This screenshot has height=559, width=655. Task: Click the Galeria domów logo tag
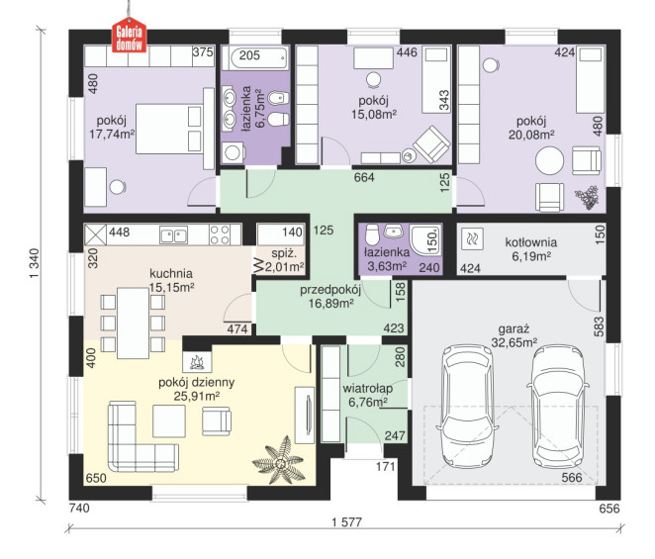tap(129, 35)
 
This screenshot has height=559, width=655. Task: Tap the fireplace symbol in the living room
tap(197, 361)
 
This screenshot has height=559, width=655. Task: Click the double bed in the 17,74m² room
tap(169, 129)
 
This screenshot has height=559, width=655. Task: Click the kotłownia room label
tap(531, 242)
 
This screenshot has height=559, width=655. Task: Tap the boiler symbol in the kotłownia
tap(473, 239)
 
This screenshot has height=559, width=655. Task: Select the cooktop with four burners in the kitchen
tap(220, 234)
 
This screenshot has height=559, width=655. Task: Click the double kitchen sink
tap(173, 234)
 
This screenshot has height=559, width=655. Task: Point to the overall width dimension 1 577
tap(346, 521)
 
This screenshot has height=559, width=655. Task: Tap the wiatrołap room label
tap(368, 389)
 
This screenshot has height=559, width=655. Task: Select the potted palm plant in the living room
tap(279, 460)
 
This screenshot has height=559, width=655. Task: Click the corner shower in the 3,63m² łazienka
tap(425, 239)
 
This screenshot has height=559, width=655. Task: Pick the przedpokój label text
tap(330, 290)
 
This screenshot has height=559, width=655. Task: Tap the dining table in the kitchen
tap(133, 323)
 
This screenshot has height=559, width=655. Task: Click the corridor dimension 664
tap(364, 177)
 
